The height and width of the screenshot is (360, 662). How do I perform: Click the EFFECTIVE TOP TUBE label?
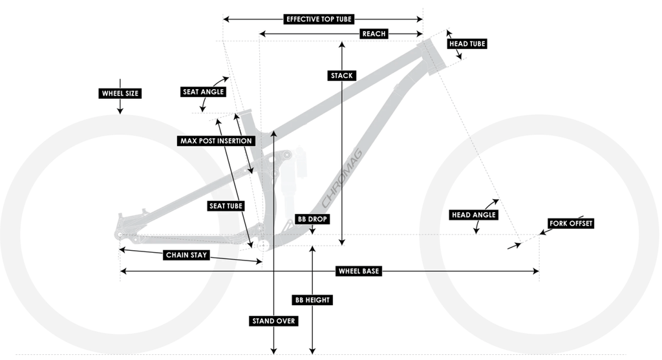319,19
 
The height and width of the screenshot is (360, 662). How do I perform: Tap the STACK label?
341,76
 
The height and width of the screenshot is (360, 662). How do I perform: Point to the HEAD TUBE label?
466,44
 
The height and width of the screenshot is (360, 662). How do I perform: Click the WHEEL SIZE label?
120,93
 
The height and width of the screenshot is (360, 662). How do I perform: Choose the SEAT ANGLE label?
203,92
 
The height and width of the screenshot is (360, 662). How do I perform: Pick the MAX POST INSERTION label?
216,140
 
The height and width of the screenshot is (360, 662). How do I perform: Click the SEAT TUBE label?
226,206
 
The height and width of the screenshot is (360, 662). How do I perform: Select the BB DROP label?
312,219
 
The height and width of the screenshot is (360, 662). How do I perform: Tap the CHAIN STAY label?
187,255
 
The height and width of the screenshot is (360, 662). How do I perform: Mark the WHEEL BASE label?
359,271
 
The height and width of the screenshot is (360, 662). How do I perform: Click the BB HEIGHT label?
312,300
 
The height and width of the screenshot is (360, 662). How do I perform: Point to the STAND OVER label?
274,321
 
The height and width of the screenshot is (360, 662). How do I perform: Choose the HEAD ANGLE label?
475,215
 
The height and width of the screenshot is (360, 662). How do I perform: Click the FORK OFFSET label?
570,224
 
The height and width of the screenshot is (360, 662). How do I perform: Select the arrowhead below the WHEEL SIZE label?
120,111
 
